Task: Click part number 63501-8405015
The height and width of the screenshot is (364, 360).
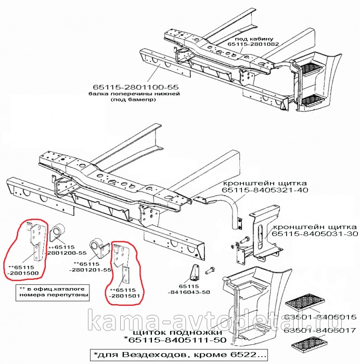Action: click(319, 317)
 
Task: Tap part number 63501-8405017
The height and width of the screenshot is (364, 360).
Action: click(319, 330)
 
